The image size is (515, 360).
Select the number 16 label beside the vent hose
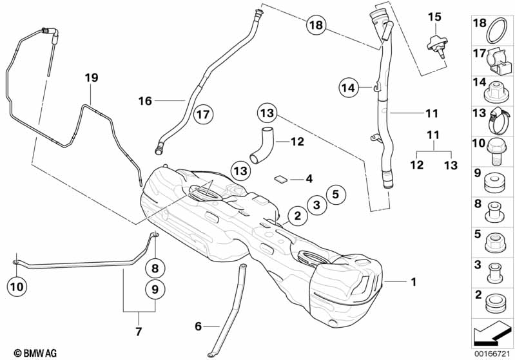coord(145,100)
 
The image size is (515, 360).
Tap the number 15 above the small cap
coord(434,15)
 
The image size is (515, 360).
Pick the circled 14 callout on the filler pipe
coord(349,87)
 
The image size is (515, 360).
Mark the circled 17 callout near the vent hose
coord(204,115)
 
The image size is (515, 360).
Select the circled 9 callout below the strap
coord(155,290)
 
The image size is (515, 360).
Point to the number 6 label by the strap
coord(198,327)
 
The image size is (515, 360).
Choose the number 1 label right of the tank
coord(413,282)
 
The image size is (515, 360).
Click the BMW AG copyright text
coord(30,352)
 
